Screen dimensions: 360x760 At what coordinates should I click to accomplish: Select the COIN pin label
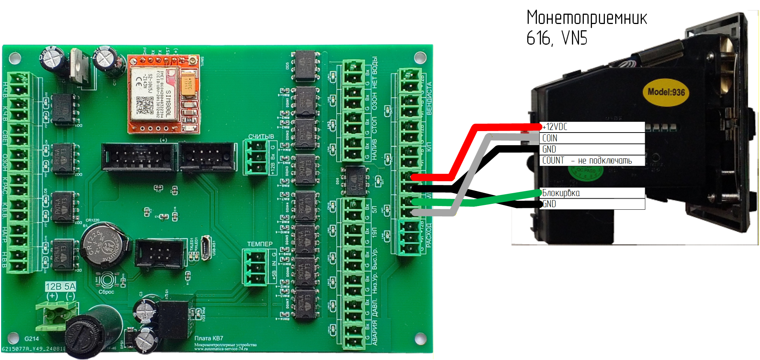tap(550, 138)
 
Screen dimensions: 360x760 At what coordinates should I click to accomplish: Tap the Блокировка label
tap(561, 193)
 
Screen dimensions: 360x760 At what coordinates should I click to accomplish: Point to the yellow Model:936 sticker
tap(666, 92)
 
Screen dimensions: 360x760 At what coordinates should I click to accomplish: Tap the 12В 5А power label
tap(61, 287)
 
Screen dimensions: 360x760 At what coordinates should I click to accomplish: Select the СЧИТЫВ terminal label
tap(261, 136)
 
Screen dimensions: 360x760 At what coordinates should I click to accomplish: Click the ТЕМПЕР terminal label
tap(260, 244)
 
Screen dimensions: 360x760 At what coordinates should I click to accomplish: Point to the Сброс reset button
tap(107, 280)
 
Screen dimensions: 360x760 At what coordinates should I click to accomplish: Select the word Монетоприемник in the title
tap(587, 18)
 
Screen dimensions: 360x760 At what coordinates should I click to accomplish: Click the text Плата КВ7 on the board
tap(209, 338)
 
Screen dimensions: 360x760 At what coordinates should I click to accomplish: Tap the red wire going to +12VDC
tap(462, 151)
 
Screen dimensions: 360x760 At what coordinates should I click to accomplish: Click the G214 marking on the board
tap(31, 339)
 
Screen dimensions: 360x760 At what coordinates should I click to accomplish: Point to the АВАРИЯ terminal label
tap(375, 332)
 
